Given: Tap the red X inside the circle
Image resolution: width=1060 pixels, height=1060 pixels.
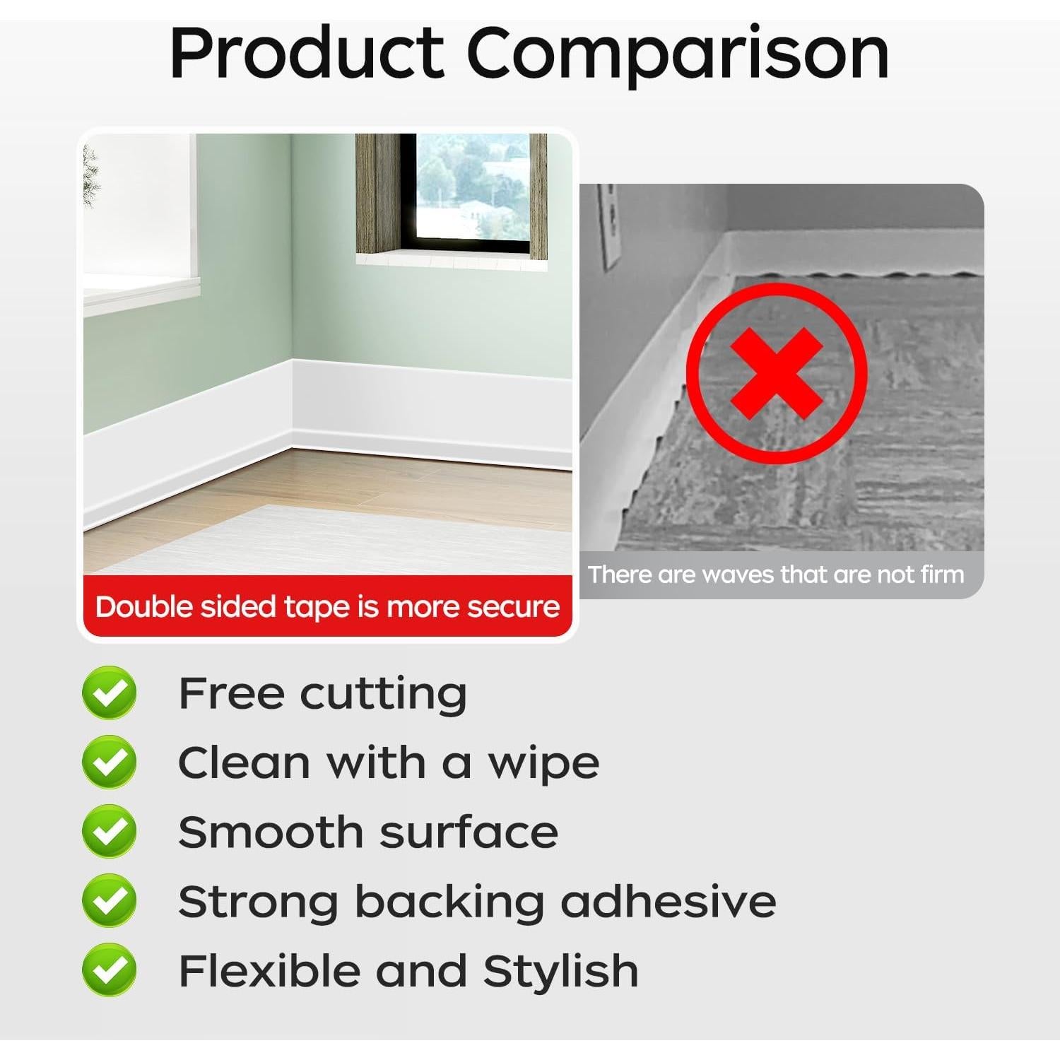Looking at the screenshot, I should pos(776,372).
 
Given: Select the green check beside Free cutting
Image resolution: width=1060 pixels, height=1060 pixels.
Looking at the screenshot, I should pos(110,693).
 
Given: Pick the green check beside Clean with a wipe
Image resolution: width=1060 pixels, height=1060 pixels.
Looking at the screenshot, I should pos(110,762).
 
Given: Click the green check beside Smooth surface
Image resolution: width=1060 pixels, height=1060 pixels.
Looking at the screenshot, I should pos(110,831).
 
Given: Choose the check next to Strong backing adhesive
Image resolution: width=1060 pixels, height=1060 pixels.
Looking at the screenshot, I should pos(110,900).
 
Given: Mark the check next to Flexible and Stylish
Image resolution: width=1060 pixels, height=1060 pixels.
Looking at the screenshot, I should pos(110,970).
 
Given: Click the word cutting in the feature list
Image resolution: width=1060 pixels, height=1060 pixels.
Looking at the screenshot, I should pos(383,694).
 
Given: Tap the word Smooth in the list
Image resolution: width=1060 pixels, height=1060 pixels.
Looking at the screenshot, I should pos(269,832).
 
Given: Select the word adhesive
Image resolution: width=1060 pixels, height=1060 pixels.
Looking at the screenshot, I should pos(668,901).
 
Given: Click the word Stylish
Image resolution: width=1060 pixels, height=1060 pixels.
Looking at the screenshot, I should pos(560,970).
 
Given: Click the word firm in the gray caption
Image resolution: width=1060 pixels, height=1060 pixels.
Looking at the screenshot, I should pos(943,575).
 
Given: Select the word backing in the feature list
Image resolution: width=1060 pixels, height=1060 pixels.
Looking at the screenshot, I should pos(449,901).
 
